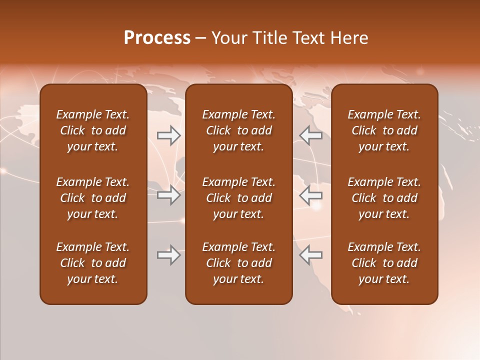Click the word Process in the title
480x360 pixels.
(x=157, y=38)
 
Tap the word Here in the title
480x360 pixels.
(x=348, y=38)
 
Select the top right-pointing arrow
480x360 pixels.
(x=169, y=135)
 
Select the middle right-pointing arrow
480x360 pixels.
(x=169, y=195)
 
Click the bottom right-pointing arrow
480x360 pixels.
(x=169, y=255)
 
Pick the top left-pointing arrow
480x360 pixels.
(x=311, y=135)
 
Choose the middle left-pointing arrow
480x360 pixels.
(x=311, y=195)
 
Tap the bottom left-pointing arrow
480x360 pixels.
(x=311, y=255)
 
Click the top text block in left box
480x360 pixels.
(x=93, y=130)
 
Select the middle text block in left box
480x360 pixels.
(x=93, y=198)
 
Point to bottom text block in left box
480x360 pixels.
(x=93, y=263)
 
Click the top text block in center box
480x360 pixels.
(x=238, y=130)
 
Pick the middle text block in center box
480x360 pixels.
(x=238, y=198)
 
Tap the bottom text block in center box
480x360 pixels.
(x=238, y=263)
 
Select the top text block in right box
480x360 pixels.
(x=384, y=130)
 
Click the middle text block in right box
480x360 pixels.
(x=384, y=198)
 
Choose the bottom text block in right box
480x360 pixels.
(x=384, y=263)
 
